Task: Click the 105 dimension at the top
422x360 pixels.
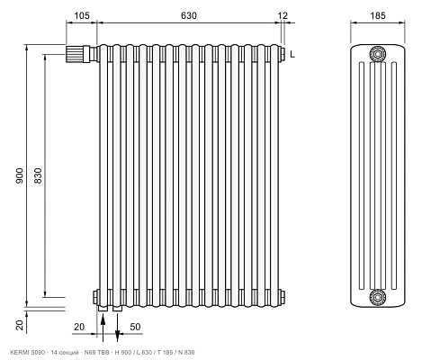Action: pyautogui.click(x=82, y=15)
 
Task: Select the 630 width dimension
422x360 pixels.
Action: pyautogui.click(x=189, y=15)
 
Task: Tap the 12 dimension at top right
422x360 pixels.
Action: pyautogui.click(x=283, y=15)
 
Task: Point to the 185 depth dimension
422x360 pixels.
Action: pyautogui.click(x=378, y=15)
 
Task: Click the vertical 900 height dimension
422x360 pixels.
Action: pyautogui.click(x=20, y=175)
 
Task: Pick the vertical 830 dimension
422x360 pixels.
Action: pyautogui.click(x=38, y=175)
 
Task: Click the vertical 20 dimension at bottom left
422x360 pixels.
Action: pyautogui.click(x=20, y=325)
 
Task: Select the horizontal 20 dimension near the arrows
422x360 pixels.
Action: pyautogui.click(x=79, y=327)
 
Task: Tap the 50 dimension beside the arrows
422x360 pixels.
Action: pyautogui.click(x=135, y=327)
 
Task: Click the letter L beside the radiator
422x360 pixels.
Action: pyautogui.click(x=292, y=54)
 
